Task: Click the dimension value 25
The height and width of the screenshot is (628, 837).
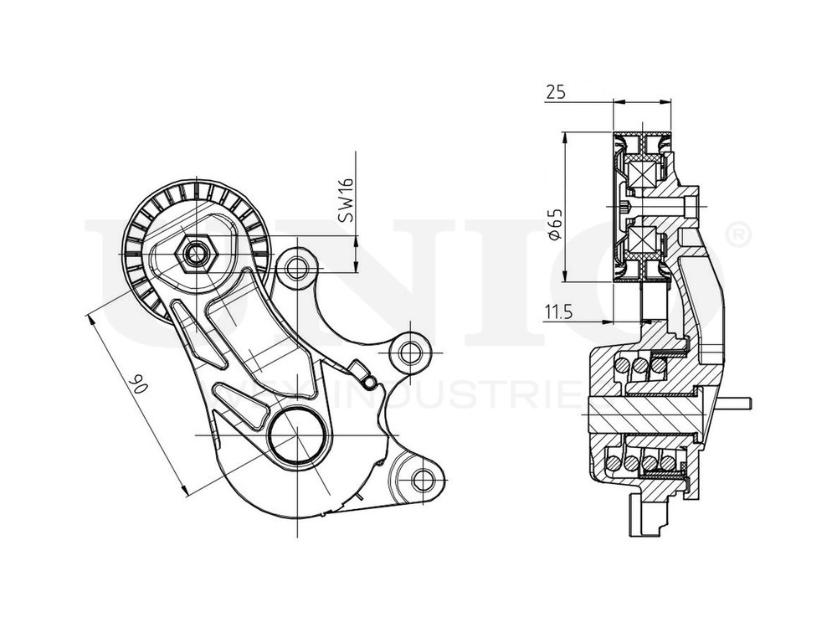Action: click(554, 93)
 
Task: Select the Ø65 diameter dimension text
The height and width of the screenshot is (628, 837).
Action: click(553, 224)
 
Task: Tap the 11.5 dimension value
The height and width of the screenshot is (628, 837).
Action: click(557, 313)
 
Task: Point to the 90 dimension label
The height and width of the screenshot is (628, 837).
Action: click(139, 383)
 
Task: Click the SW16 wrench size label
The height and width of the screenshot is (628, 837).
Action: click(346, 200)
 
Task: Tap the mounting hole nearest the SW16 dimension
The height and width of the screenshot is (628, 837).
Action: click(295, 268)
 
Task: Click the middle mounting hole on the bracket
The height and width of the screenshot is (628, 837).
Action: click(409, 351)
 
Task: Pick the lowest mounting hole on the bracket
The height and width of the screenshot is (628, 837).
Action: click(424, 479)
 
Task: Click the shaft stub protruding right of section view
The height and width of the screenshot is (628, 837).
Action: click(737, 404)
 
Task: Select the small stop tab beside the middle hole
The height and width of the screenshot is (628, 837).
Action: click(360, 368)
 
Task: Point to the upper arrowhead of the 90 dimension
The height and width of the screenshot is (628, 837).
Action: click(90, 316)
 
